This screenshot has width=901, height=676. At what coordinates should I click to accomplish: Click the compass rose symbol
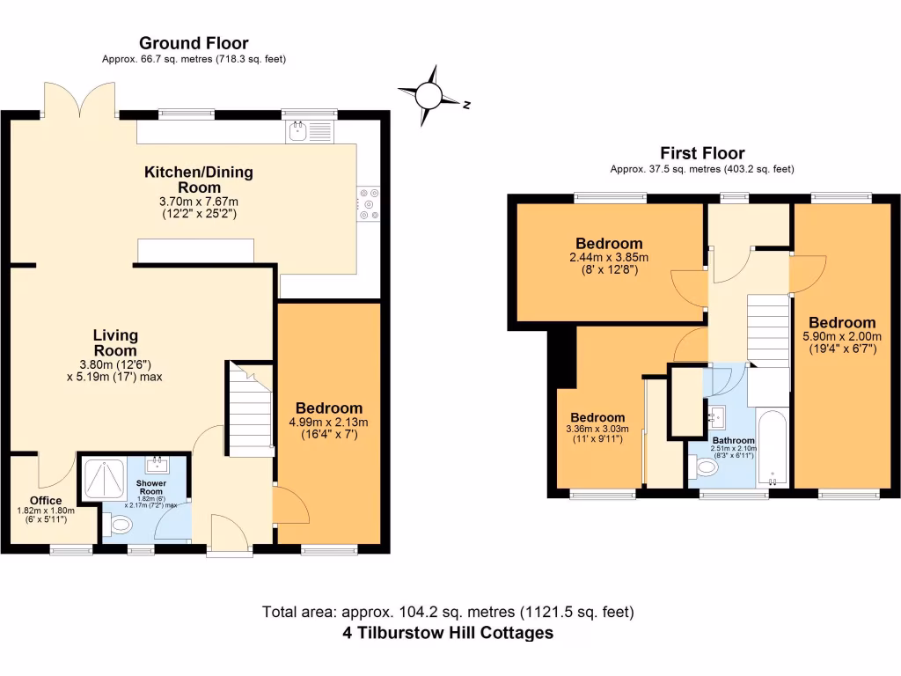pyautogui.click(x=429, y=93)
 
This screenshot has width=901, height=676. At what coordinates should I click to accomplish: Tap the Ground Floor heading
pyautogui.click(x=194, y=42)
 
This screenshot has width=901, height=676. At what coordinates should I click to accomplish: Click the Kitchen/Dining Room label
pyautogui.click(x=198, y=180)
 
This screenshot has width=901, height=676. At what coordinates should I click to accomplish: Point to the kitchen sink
pyautogui.click(x=298, y=132)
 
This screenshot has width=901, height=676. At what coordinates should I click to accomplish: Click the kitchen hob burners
pyautogui.click(x=368, y=202)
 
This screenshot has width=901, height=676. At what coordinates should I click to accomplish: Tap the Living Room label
pyautogui.click(x=116, y=342)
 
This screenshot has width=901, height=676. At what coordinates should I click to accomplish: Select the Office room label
pyautogui.click(x=46, y=501)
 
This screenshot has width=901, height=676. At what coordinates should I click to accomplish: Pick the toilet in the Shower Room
pyautogui.click(x=118, y=525)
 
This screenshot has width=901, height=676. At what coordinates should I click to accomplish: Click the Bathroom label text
pyautogui.click(x=733, y=440)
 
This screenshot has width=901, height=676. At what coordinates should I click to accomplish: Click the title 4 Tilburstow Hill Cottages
pyautogui.click(x=448, y=633)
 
